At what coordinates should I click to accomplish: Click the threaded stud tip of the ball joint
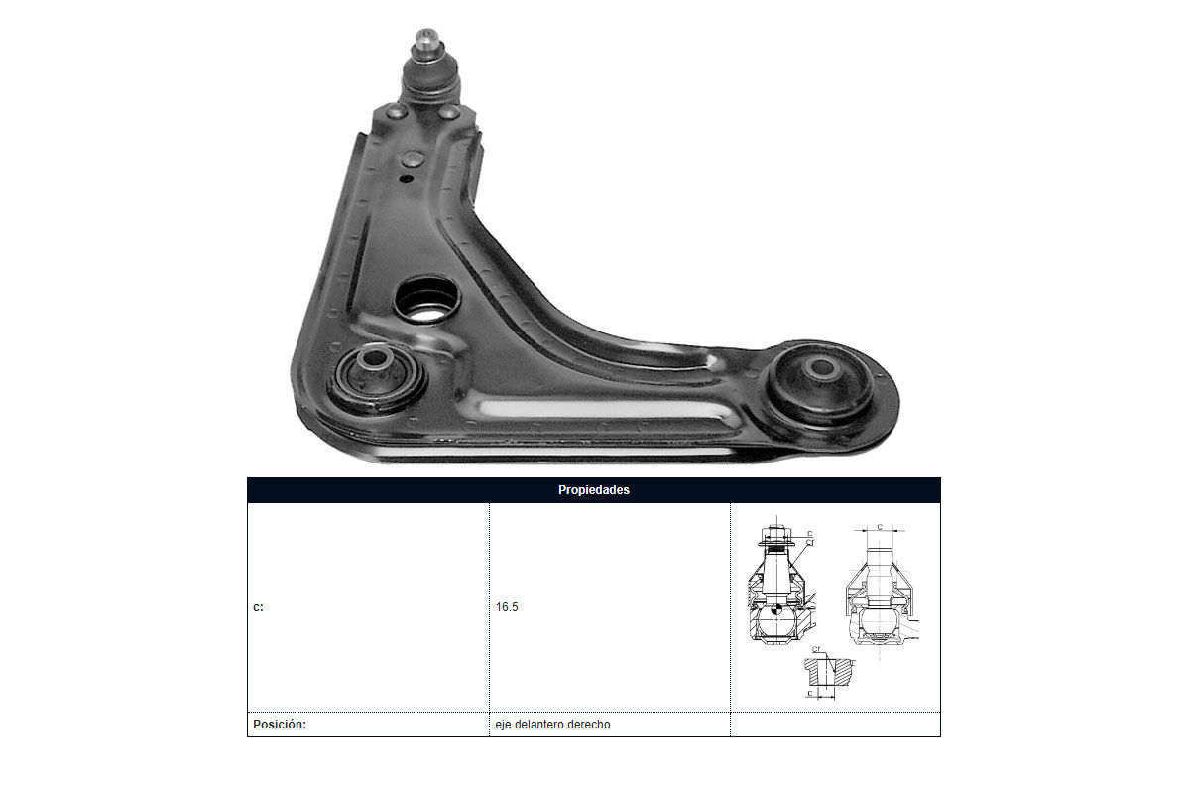click(426, 40)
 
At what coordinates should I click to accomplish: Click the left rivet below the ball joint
click(396, 112)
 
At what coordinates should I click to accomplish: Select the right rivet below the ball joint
click(449, 112)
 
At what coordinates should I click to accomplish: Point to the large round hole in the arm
click(426, 300)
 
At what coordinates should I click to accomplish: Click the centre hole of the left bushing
click(374, 358)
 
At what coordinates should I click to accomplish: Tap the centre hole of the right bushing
click(822, 367)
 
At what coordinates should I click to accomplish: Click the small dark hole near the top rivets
click(406, 179)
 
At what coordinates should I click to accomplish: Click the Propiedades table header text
click(593, 490)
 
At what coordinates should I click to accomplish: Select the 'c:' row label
click(258, 607)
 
